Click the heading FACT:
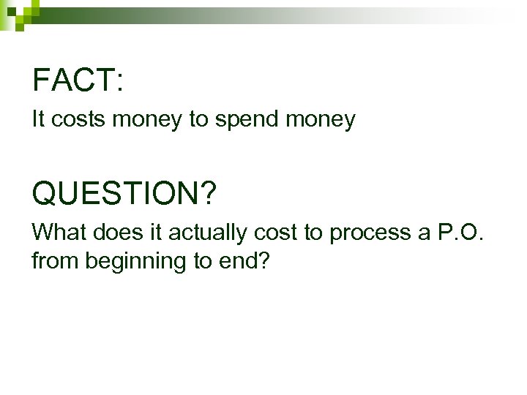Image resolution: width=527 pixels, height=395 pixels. click(x=77, y=80)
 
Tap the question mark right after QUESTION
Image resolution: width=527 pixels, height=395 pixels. click(x=208, y=194)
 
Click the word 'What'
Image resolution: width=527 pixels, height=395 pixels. click(x=59, y=233)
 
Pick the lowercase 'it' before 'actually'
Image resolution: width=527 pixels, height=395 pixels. click(x=156, y=233)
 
